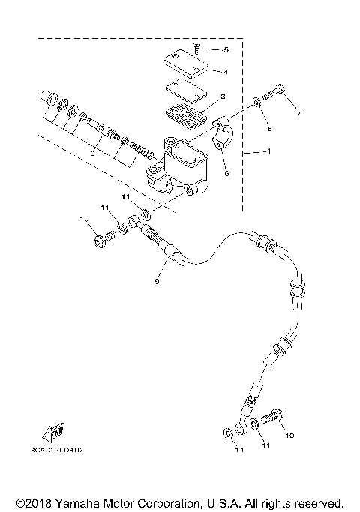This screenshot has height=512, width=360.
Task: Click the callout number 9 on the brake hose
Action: click(156, 282)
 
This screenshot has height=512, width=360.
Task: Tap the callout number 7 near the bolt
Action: click(300, 115)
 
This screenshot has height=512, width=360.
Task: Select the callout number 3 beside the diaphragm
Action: click(223, 97)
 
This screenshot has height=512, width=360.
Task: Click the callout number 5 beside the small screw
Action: click(224, 49)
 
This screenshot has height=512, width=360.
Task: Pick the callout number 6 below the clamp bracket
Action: click(226, 171)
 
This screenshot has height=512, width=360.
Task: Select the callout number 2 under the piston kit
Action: click(91, 153)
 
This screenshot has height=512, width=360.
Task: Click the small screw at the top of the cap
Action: click(195, 47)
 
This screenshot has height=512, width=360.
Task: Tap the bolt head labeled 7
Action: click(278, 91)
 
